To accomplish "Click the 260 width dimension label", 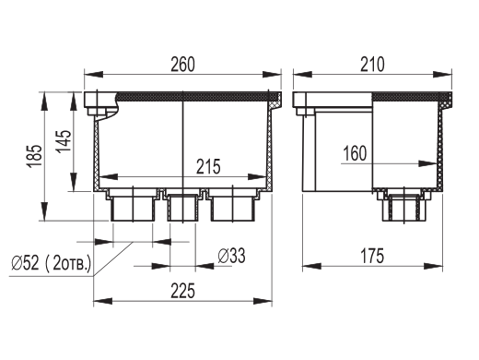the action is point(183,65).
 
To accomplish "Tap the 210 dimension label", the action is point(372,65).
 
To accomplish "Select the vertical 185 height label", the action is point(34,156).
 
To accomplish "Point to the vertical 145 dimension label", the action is point(64,141).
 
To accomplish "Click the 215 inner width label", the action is point(208,166).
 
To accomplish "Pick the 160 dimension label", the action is point(355,153).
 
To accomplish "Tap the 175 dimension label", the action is point(372,256).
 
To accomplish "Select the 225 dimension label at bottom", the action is point(183,291).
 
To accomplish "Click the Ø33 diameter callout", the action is point(231,256).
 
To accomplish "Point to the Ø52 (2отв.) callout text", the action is point(51,263).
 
